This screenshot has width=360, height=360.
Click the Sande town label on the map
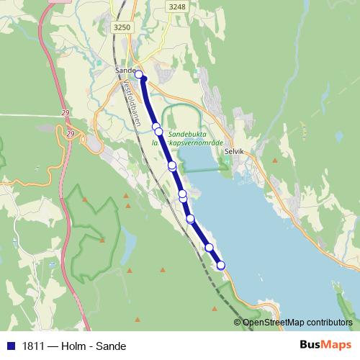(x=125, y=71)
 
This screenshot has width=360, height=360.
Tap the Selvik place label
(x=235, y=152)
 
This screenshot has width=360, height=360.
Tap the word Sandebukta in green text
(x=186, y=134)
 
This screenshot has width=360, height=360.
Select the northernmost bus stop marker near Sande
(x=140, y=74)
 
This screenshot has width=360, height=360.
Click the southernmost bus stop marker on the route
(x=221, y=265)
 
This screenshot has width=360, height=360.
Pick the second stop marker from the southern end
(x=210, y=248)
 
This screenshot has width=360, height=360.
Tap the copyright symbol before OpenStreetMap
(x=238, y=323)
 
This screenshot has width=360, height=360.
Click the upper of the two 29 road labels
(x=65, y=113)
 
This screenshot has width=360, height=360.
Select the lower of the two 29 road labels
(x=70, y=134)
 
